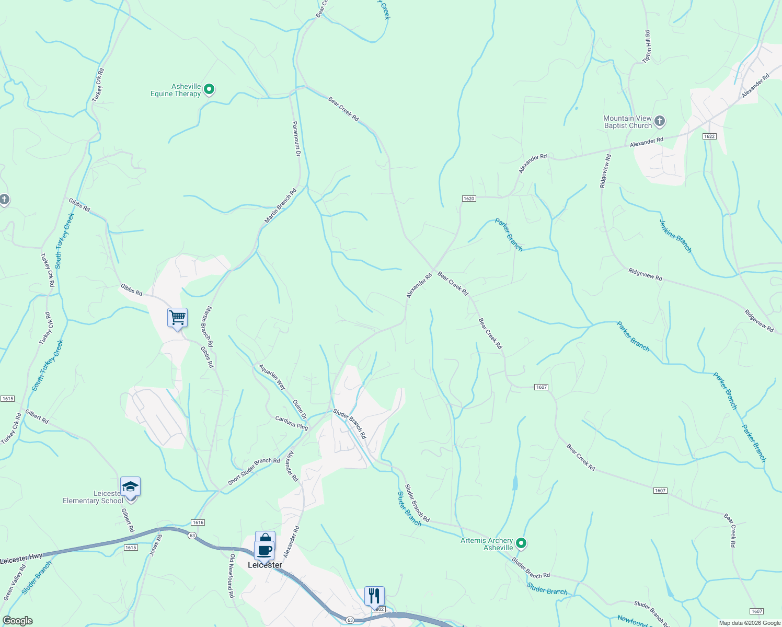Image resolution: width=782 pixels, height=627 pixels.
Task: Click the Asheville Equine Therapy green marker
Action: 209,89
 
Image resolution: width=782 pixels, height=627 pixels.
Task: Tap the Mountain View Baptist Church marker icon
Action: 660,121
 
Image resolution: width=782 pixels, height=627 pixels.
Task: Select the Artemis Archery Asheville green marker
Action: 521,543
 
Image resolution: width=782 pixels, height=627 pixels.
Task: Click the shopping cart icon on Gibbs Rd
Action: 177,317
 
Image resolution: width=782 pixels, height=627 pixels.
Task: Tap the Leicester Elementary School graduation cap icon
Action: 130,487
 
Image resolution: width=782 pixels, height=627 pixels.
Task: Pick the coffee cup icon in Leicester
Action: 264,550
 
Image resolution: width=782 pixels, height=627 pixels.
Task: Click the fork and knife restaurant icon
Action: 374,595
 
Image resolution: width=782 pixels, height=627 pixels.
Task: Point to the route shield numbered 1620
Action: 468,199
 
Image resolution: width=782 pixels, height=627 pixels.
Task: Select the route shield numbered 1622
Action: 709,136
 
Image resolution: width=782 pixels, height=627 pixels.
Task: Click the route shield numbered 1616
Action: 198,522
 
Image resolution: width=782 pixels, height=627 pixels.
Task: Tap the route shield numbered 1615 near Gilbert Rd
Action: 131,548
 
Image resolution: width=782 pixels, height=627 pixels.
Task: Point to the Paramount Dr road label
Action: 296,138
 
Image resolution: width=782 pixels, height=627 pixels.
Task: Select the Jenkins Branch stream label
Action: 675,236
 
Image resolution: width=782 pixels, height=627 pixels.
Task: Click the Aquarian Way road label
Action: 272,377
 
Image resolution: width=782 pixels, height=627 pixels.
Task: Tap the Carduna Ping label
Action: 292,423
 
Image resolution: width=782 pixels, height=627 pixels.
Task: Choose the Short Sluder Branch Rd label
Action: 254,471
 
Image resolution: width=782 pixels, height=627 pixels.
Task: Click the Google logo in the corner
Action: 17,621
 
